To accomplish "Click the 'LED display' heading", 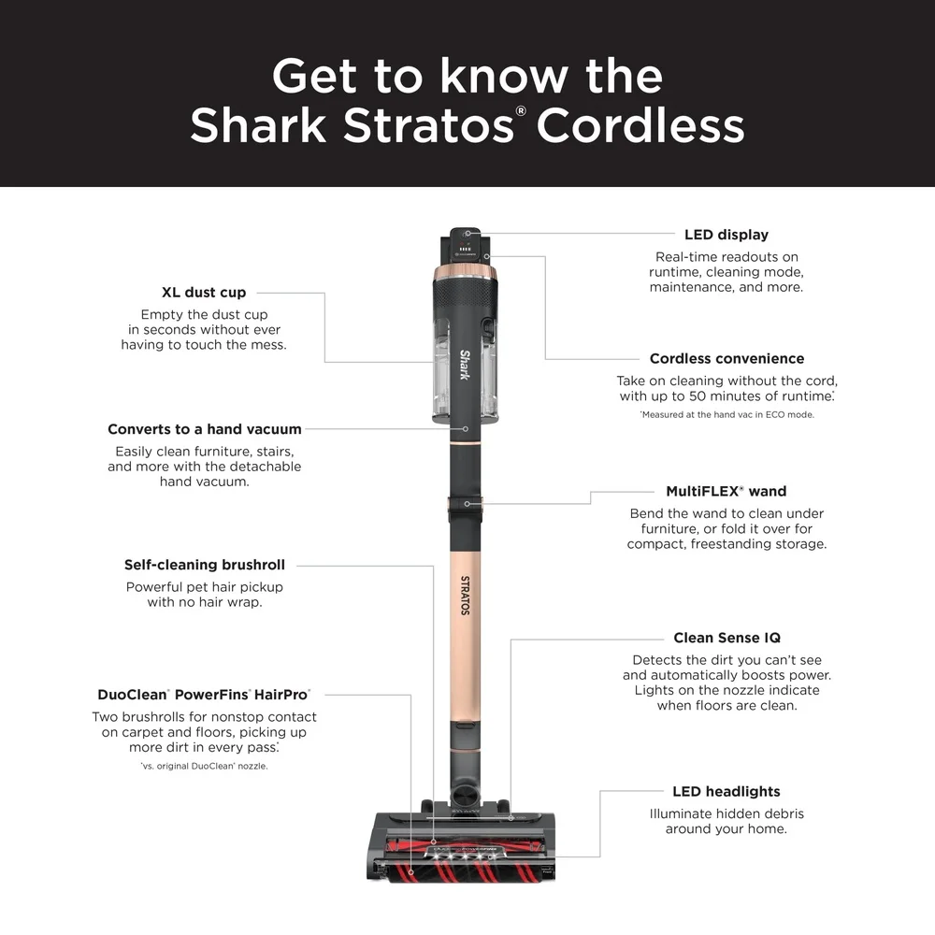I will click(x=726, y=235).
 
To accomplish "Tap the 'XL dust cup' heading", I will click(x=204, y=293).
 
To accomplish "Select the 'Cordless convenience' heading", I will click(x=726, y=359).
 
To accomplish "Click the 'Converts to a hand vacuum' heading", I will click(x=204, y=430).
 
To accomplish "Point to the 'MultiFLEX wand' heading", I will click(x=726, y=492).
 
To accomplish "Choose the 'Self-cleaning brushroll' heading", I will click(x=204, y=566).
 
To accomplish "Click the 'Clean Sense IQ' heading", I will click(x=726, y=639).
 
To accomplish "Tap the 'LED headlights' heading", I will click(x=726, y=792).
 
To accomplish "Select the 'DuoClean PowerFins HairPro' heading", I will click(x=204, y=695).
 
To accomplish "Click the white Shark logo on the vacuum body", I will click(x=465, y=365).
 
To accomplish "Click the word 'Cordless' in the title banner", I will click(x=640, y=126).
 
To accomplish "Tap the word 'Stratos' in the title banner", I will click(x=426, y=126).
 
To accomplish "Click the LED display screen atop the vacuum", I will click(x=466, y=245).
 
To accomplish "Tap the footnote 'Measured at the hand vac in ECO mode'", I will click(x=726, y=414).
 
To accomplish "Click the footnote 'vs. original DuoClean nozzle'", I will click(x=204, y=767).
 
